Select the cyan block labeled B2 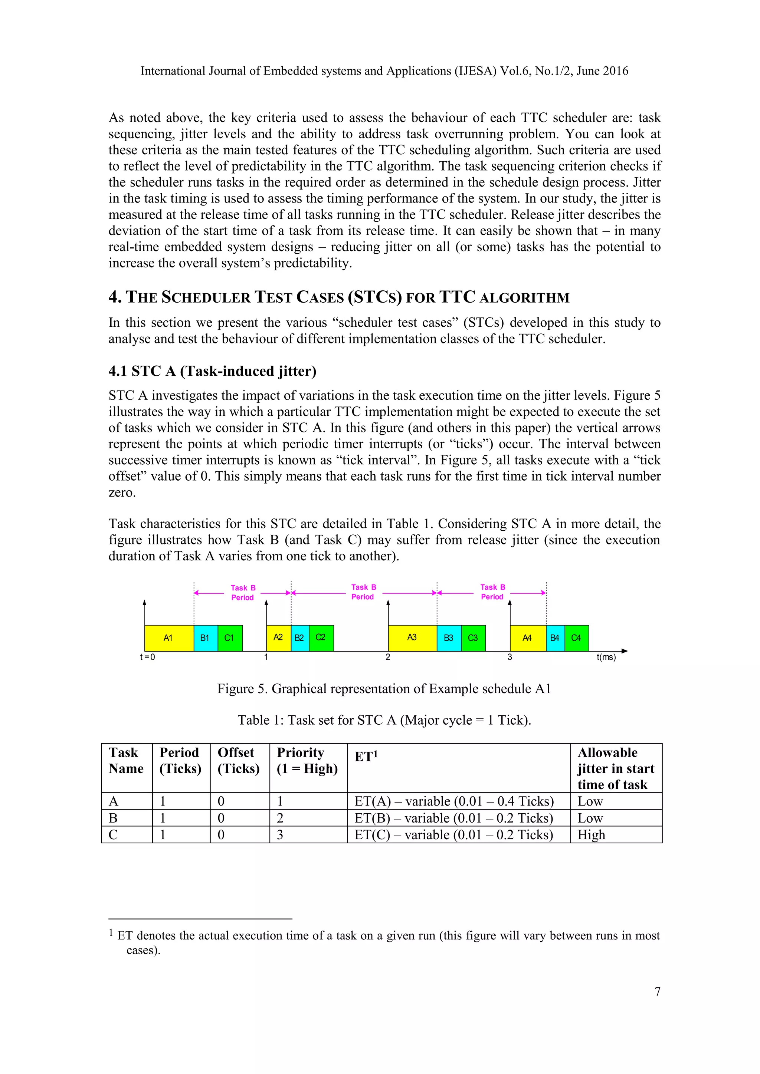click(299, 638)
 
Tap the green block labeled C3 click(473, 638)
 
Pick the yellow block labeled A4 click(527, 638)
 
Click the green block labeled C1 click(229, 638)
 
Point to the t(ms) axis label click(606, 657)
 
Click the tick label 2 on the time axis click(387, 657)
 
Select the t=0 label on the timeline click(147, 657)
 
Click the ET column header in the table click(366, 757)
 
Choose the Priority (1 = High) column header click(307, 761)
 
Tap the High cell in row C click(591, 835)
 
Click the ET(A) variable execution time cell click(454, 801)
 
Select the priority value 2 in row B click(280, 818)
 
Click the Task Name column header click(125, 761)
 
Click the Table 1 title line click(384, 720)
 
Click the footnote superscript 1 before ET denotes click(111, 933)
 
